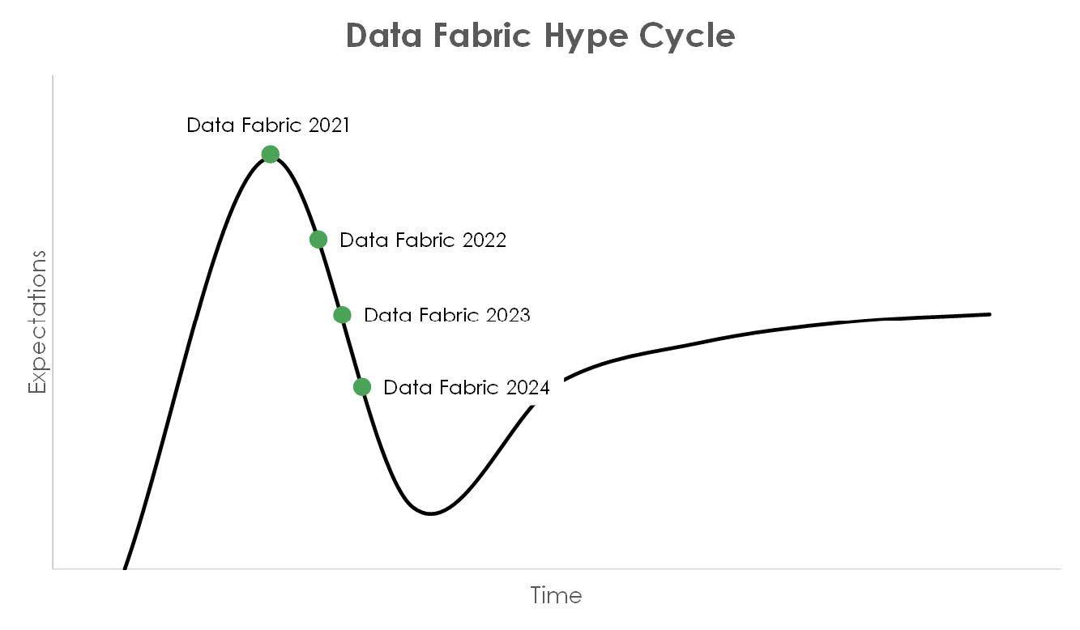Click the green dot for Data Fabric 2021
click(x=271, y=154)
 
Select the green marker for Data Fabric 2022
click(x=318, y=239)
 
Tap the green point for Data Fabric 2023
click(x=343, y=315)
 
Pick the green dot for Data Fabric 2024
click(x=362, y=386)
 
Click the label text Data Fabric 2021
click(x=268, y=126)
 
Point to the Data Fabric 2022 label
click(x=423, y=240)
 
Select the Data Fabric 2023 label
click(x=447, y=315)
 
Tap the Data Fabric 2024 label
click(x=466, y=388)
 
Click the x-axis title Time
click(x=556, y=595)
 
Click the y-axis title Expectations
click(x=37, y=322)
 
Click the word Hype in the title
click(x=585, y=37)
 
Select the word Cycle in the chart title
click(x=687, y=37)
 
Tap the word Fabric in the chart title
click(x=482, y=35)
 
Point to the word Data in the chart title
click(x=384, y=35)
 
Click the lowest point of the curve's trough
click(x=430, y=514)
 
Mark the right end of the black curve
click(x=989, y=314)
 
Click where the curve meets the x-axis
click(x=125, y=568)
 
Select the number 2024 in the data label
click(x=528, y=388)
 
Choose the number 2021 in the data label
click(x=329, y=126)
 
